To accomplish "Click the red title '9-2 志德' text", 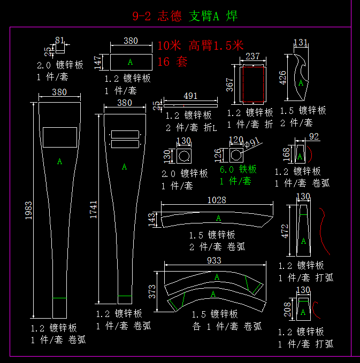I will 158,16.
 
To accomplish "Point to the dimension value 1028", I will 216,200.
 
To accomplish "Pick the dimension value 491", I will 190,96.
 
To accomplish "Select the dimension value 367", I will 230,85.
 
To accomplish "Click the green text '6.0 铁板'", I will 238,169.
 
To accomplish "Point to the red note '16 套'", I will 172,62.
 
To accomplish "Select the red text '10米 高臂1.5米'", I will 200,45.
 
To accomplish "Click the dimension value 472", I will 285,230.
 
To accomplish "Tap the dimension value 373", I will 152,291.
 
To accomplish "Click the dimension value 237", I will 252,57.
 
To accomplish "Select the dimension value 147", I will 97,62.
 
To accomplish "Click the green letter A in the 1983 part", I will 59,161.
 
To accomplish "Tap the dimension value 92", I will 314,137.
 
